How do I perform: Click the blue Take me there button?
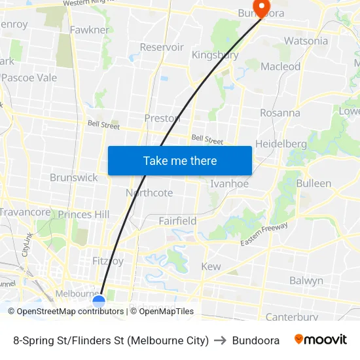coord(180,160)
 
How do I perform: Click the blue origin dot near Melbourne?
coord(99,301)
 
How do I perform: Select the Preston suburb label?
coord(162,118)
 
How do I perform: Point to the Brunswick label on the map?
coord(73,177)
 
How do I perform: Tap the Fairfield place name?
coord(177,221)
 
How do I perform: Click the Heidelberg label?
coord(281,144)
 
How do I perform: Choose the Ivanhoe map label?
coord(229,184)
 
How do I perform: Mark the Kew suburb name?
coord(211,266)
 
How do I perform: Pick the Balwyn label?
coord(306,281)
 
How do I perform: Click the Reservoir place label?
coord(162,47)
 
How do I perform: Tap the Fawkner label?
coord(89,30)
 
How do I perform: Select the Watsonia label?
coord(306,41)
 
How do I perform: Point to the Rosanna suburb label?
coord(280,113)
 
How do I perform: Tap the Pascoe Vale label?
coord(29,78)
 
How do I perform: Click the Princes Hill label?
coord(84,215)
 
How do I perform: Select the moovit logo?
coord(321,340)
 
